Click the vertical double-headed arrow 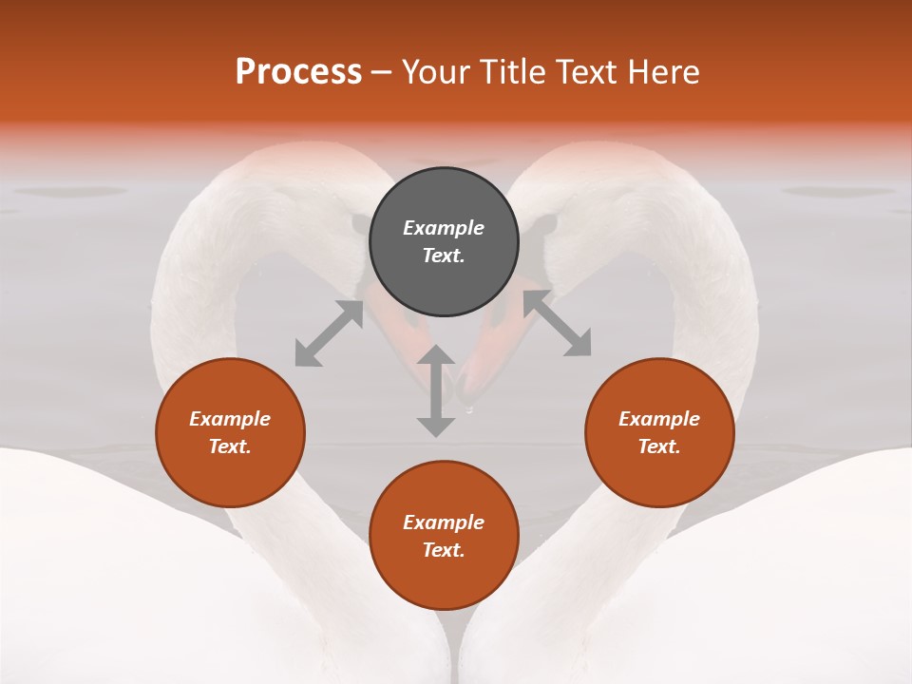point(436,391)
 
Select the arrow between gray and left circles point(329,333)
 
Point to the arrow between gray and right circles point(557,323)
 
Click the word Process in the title point(298,72)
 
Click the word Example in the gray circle point(444,228)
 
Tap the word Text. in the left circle point(230,446)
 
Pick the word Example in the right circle point(659,419)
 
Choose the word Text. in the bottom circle point(444,550)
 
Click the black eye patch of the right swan point(542,226)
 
